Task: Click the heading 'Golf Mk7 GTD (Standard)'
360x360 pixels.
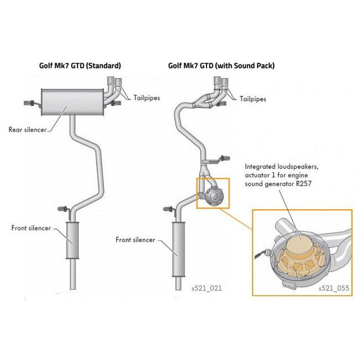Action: pos(80,66)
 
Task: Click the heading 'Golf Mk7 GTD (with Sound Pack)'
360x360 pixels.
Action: pos(221,66)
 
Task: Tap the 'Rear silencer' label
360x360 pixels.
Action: pos(28,129)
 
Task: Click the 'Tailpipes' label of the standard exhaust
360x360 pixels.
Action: pos(146,97)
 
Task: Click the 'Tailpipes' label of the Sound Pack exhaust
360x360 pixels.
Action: pos(253,98)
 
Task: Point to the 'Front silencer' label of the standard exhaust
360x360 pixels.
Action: pos(31,228)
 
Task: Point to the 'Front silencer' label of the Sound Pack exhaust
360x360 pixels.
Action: pos(135,240)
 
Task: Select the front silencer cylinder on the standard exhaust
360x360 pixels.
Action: pos(71,240)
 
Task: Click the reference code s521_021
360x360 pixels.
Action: pos(206,287)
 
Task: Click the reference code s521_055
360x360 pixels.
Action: pos(334,288)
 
